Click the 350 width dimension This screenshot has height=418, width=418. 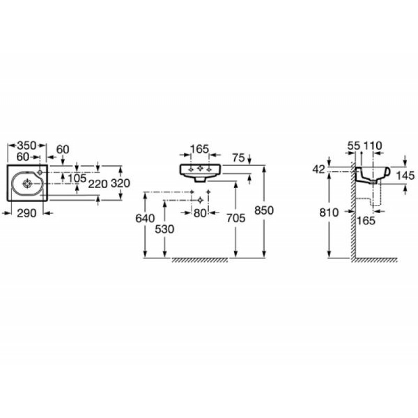27,146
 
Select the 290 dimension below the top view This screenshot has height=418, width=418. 27,213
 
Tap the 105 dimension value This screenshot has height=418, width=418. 77,178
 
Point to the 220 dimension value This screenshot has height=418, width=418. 98,184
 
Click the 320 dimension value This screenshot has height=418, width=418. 120,183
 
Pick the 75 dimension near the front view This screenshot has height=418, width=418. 238,158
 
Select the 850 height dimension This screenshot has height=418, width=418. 264,211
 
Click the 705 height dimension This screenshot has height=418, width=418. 236,218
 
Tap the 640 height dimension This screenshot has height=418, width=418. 145,218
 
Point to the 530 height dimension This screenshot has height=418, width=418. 165,229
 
